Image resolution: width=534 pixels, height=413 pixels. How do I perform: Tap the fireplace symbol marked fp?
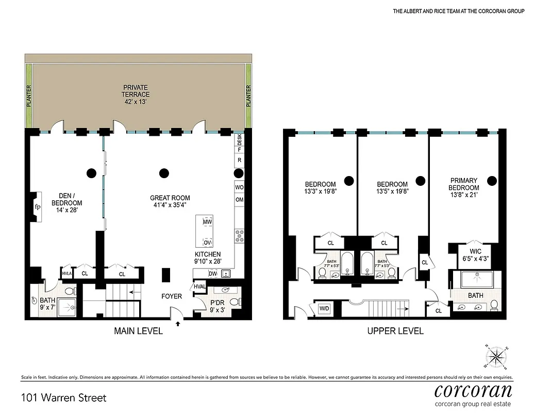(37, 207)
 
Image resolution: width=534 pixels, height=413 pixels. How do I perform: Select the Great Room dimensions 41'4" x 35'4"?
(170, 205)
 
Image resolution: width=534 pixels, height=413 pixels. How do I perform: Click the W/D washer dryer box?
(325, 309)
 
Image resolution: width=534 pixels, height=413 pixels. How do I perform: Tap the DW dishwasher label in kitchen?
(212, 274)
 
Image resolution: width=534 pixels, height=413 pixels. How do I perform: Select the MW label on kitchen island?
(208, 222)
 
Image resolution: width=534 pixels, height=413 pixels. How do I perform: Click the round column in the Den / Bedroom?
(92, 173)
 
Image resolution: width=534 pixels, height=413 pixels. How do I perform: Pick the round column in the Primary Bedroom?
(492, 180)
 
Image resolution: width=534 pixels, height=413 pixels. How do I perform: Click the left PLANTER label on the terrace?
(29, 97)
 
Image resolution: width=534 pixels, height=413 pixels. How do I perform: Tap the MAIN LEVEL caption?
(138, 331)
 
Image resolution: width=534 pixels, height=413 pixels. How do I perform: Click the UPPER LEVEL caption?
(395, 331)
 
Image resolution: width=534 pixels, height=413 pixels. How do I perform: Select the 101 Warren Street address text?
(64, 398)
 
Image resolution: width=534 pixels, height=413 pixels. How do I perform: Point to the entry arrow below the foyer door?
(179, 324)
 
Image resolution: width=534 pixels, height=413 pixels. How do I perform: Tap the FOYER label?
(171, 296)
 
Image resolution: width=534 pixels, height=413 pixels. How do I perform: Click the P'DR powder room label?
(215, 303)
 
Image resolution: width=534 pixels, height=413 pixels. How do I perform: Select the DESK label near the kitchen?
(239, 138)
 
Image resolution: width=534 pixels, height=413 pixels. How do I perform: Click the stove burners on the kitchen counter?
(240, 236)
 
